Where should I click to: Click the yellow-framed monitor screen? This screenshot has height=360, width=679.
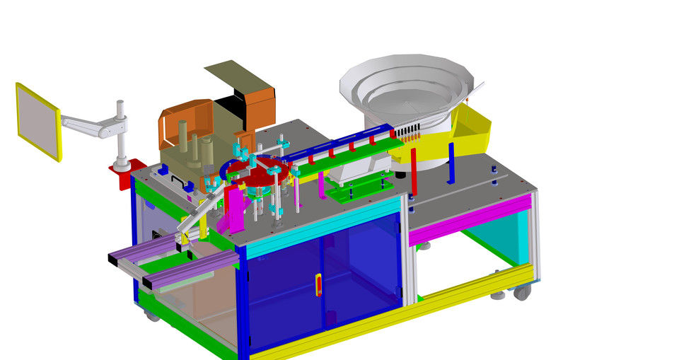click(37, 120)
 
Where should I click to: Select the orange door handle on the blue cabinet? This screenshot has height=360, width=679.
click(318, 285)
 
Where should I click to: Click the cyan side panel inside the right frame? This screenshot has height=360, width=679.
click(509, 237)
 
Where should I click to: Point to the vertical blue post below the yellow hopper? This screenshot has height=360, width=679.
click(451, 163)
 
